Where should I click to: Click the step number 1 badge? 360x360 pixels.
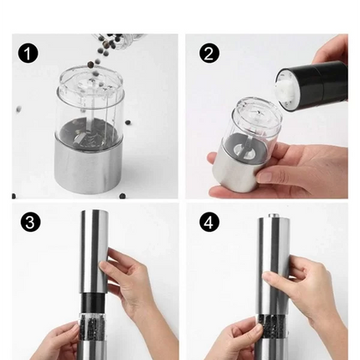click(x=28, y=53)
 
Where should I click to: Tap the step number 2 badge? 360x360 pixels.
click(x=209, y=53)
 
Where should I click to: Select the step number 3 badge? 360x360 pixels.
click(x=30, y=222)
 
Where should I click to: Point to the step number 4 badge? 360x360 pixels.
click(x=209, y=222)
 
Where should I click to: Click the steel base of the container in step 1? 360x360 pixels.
click(x=90, y=167)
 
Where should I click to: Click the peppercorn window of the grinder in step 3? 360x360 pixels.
click(x=90, y=326)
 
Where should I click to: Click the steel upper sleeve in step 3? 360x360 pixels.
click(x=95, y=252)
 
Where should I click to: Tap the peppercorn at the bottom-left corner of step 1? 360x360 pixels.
click(x=13, y=196)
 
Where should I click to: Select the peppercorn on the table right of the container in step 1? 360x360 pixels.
click(x=128, y=122)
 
